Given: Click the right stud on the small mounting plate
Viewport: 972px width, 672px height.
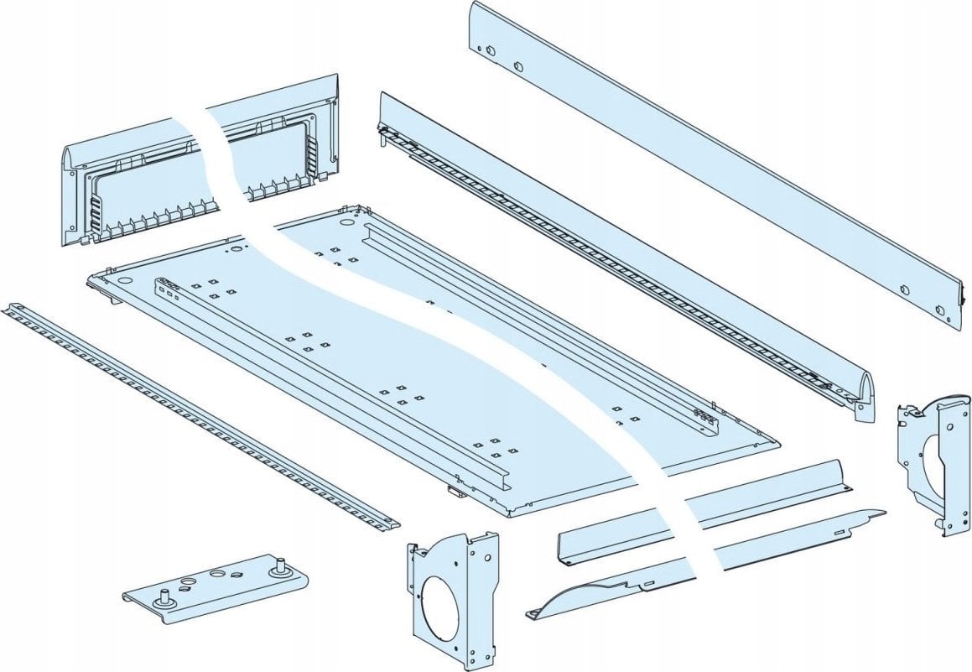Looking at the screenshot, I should [x=277, y=566].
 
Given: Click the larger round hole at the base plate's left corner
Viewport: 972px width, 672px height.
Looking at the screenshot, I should [x=126, y=279].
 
